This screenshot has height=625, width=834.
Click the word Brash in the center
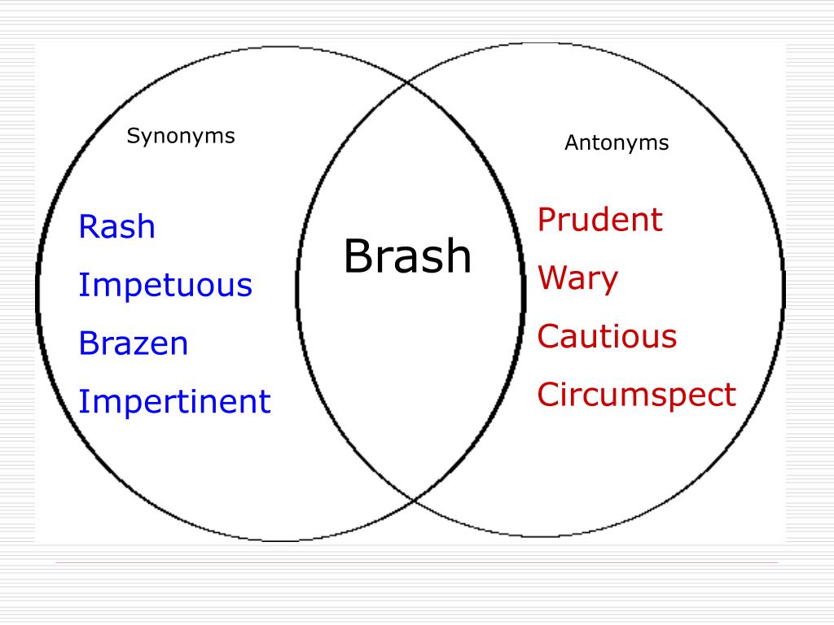tap(407, 257)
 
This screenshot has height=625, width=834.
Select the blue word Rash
tap(116, 227)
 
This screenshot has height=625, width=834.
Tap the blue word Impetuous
tap(165, 286)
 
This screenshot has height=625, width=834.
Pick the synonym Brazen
tap(134, 343)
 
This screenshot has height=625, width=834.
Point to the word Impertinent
tap(174, 402)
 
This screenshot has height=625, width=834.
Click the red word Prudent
tap(600, 220)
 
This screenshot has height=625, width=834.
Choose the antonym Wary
tap(577, 279)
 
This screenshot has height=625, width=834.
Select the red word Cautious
tap(607, 336)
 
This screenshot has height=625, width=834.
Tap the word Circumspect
tap(636, 396)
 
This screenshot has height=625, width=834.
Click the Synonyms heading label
tap(181, 137)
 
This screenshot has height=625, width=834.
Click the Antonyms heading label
tap(617, 143)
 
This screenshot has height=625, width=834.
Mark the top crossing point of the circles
tap(410, 81)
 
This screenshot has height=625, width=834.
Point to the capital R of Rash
tap(87, 227)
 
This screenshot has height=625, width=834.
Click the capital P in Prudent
tap(546, 220)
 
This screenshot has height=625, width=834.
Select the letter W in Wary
tap(551, 278)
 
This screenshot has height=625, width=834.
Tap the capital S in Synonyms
tap(131, 136)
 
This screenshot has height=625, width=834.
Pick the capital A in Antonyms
tap(571, 143)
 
